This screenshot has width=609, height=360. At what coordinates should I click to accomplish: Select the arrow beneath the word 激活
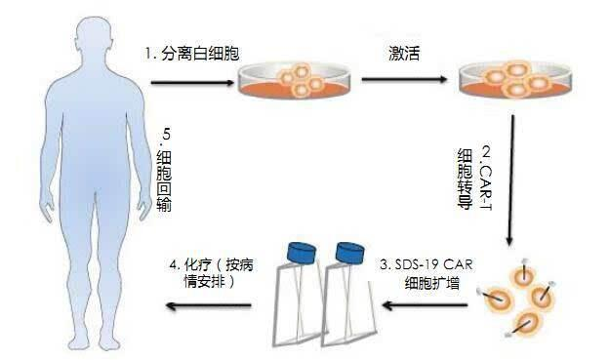[402, 83]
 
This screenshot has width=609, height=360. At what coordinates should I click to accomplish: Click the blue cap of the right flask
[352, 251]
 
